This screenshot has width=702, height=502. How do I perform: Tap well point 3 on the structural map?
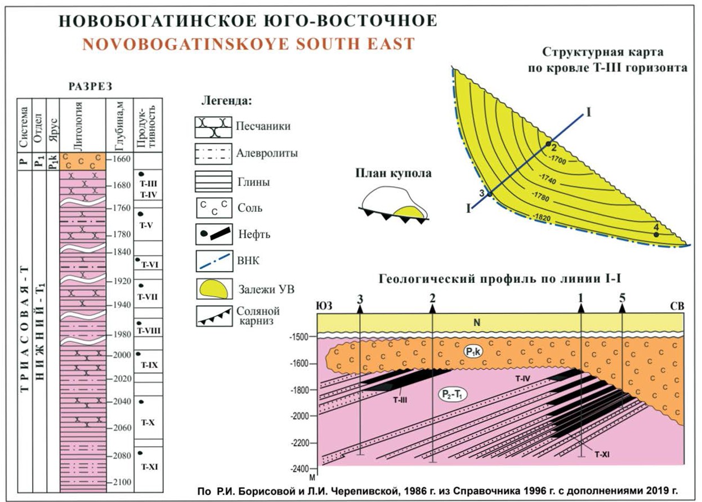coord(489,194)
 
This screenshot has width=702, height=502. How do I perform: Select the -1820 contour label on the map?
coord(544,216)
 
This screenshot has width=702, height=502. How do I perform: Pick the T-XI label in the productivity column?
coord(148,467)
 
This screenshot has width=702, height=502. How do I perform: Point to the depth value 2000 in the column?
coord(120,355)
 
